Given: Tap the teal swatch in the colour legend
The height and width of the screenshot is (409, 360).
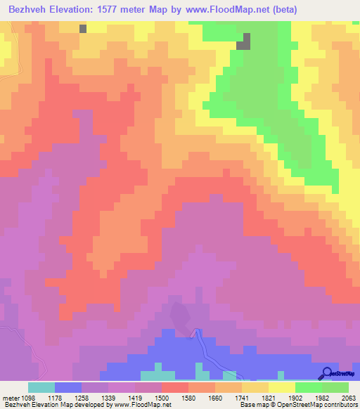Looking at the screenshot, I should tap(41, 387).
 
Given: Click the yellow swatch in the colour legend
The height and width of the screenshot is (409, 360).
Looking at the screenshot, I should tap(282, 387).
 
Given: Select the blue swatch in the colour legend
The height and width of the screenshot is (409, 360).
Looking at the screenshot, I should tap(68, 387).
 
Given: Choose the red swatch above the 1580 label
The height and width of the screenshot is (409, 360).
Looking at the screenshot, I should tap(175, 387).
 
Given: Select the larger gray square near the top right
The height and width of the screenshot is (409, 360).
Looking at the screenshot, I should tap(243, 42).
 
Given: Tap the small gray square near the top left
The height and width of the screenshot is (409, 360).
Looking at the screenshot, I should tap(84, 29).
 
